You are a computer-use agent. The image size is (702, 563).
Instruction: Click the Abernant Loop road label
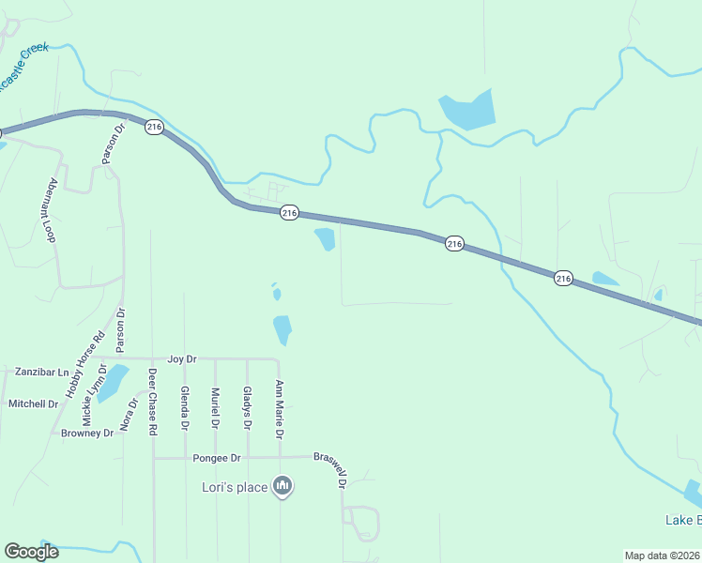click(x=53, y=210)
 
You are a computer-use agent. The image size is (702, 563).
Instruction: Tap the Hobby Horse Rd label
click(x=84, y=366)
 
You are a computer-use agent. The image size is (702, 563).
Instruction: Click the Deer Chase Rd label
click(x=152, y=402)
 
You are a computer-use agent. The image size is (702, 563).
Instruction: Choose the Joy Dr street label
click(x=181, y=359)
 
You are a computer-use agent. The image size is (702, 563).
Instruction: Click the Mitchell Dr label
click(x=34, y=403)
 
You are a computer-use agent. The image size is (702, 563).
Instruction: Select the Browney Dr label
click(x=87, y=434)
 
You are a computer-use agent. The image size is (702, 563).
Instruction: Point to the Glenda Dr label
click(x=185, y=408)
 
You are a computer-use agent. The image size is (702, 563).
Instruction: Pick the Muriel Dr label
click(x=216, y=408)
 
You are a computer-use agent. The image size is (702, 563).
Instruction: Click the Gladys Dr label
click(x=248, y=408)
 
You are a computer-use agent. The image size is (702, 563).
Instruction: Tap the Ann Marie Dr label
click(x=279, y=409)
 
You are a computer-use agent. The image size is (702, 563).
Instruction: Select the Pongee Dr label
click(x=217, y=458)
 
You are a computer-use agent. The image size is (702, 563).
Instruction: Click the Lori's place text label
click(x=235, y=487)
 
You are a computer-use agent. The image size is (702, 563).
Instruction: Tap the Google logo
click(x=31, y=552)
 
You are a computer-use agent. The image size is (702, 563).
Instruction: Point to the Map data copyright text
click(x=662, y=555)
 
